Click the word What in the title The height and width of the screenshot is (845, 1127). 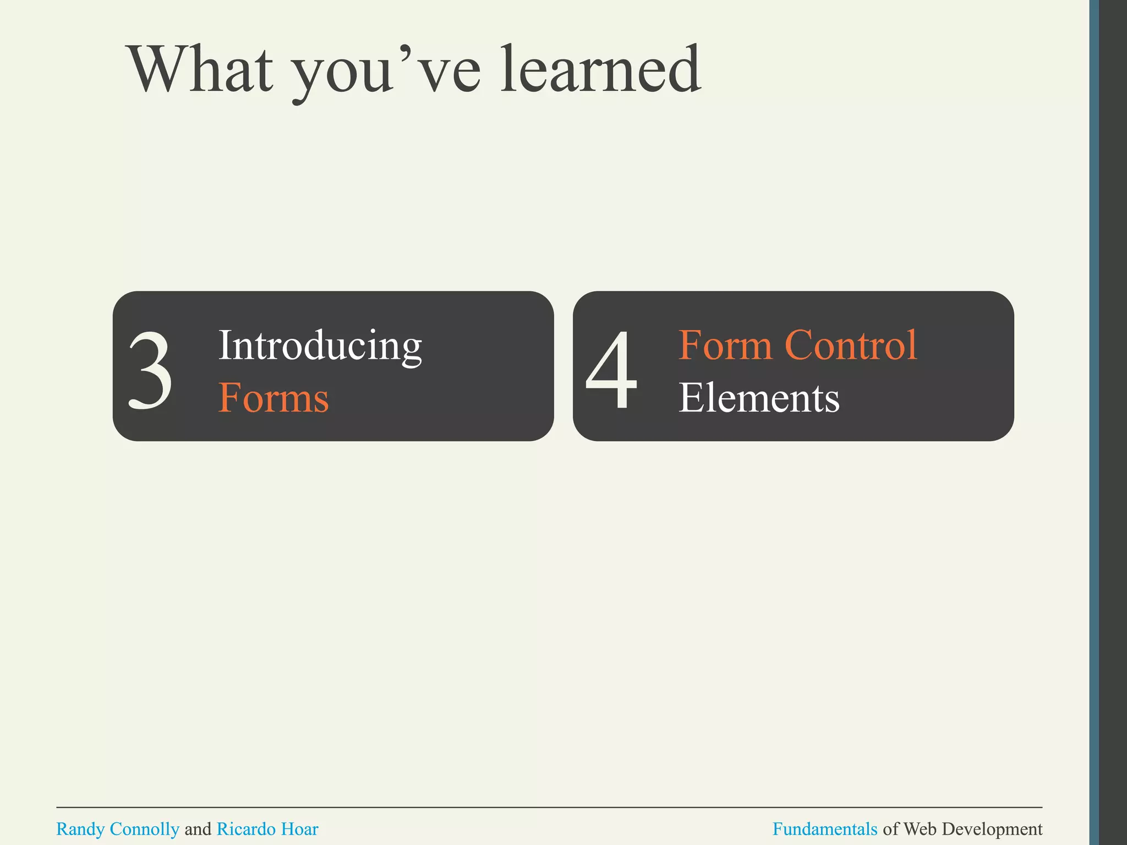pos(200,70)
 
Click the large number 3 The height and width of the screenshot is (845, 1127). pos(150,371)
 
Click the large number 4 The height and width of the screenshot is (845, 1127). pos(612,370)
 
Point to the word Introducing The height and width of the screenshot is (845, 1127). pos(320,345)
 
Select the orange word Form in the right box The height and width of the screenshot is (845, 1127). pos(725,345)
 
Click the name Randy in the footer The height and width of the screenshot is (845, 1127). pos(80,829)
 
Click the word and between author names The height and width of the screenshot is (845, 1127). pos(198,829)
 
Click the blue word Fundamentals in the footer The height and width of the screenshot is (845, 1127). pos(824,829)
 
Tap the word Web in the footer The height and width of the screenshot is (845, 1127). pos(920,829)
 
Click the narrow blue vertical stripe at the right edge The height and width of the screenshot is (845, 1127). pos(1094,422)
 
